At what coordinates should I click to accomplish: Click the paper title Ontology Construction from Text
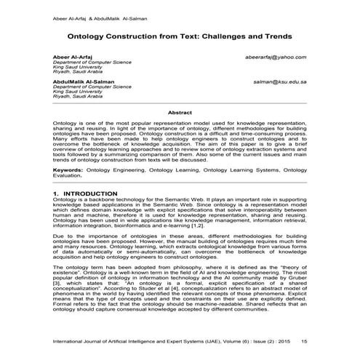pos(180,35)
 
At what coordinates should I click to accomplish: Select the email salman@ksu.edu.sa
pos(279,82)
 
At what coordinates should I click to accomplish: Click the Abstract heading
pos(180,113)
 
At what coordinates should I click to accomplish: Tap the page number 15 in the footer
pos(303,340)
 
